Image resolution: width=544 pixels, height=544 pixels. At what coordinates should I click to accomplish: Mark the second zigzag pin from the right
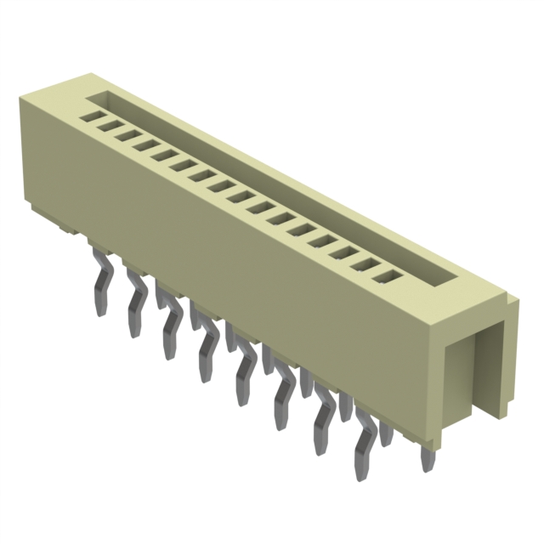coord(324,418)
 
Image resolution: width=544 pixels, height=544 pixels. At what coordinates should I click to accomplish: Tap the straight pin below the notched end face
coord(427,459)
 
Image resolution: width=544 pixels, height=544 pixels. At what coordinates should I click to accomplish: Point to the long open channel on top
coord(280,187)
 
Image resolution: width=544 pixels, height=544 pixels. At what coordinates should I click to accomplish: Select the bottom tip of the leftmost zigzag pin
coord(100,312)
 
